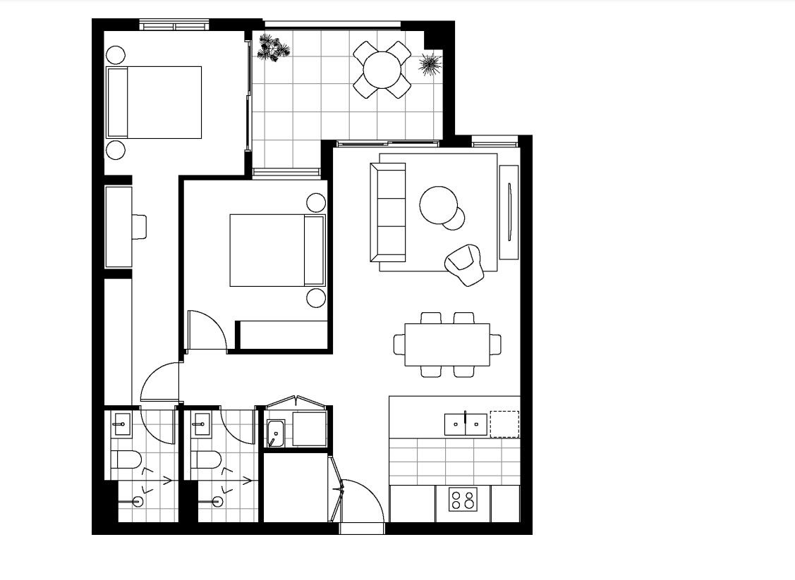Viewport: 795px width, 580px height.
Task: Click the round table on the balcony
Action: tap(382, 69)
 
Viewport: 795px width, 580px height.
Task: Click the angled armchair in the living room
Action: tap(465, 264)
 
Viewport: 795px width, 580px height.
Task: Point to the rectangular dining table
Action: tap(447, 345)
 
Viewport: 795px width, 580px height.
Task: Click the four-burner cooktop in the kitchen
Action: tap(463, 500)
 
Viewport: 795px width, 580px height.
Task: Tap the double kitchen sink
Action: tap(466, 424)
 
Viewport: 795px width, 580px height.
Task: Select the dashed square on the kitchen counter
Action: tap(504, 424)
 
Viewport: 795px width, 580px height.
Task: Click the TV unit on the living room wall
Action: tap(509, 212)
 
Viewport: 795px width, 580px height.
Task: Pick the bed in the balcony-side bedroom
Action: tap(154, 102)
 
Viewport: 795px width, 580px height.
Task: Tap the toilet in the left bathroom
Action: tap(126, 461)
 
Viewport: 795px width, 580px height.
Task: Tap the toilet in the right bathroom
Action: tap(205, 461)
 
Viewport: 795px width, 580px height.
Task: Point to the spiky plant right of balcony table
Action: tap(430, 65)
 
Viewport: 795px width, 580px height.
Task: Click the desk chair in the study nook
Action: tap(140, 226)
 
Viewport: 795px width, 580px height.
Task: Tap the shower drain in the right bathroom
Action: tap(218, 502)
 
